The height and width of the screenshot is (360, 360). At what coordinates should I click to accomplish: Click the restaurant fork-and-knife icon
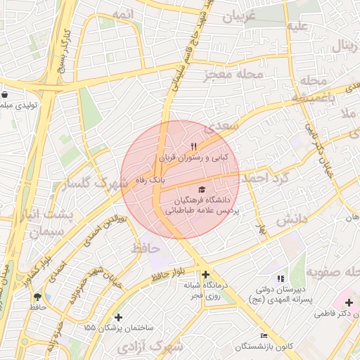193,147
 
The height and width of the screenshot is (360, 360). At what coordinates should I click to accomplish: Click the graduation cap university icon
202,190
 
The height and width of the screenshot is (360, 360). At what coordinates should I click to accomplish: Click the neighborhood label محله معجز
235,74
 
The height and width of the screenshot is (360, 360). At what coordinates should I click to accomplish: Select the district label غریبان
243,18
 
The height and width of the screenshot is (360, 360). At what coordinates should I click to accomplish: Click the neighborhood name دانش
292,219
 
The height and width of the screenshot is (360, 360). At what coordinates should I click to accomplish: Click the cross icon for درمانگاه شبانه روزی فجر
205,275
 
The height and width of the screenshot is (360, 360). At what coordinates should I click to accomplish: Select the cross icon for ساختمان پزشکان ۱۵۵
118,318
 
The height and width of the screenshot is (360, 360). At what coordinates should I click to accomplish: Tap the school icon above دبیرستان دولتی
281,279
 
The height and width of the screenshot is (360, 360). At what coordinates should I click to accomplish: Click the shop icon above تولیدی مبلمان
6,95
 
